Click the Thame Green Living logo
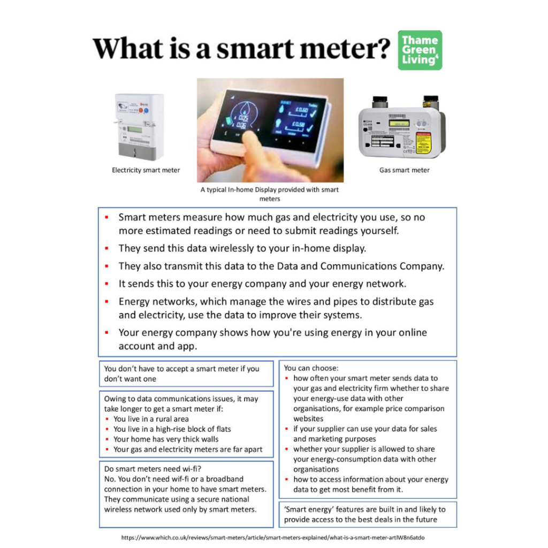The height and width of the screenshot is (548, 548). point(420,50)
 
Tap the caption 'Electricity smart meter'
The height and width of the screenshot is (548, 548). point(146,170)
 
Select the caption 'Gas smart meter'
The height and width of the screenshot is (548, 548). point(405,170)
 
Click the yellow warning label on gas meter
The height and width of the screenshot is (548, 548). point(423,143)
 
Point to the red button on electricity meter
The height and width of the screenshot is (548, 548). point(141,110)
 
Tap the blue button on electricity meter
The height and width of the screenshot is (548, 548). point(146,110)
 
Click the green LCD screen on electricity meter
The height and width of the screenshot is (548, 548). point(134,130)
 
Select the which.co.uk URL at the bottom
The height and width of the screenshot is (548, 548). point(273,537)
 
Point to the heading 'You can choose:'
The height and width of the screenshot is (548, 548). point(311,368)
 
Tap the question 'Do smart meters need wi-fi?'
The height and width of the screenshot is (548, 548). point(153,469)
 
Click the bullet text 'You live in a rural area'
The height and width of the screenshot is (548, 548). point(151,419)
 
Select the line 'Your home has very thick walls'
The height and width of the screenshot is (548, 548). point(166,439)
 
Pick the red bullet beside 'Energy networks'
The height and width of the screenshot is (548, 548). point(107,301)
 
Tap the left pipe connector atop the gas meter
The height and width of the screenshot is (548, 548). point(379,102)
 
